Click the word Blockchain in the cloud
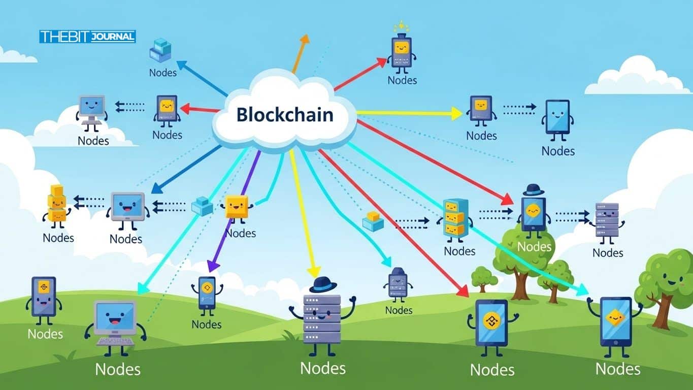[285, 115]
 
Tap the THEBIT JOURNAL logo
[87, 37]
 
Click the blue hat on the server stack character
[323, 284]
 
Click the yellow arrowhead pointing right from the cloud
[456, 114]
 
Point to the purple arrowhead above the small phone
[213, 266]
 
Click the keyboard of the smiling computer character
[115, 341]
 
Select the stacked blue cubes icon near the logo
[160, 50]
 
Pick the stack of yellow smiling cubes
[57, 204]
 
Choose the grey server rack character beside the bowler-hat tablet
[607, 222]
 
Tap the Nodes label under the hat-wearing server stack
[323, 368]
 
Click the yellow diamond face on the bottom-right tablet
[615, 318]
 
